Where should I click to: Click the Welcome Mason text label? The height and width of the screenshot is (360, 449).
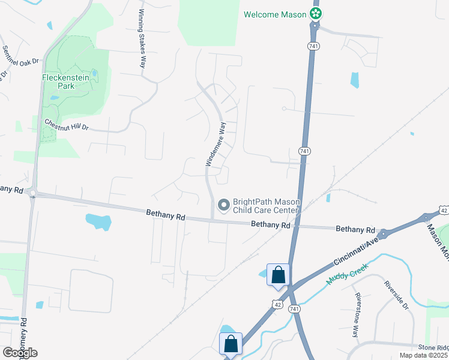[x=275, y=14]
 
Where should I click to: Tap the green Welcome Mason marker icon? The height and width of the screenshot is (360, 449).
[x=315, y=14]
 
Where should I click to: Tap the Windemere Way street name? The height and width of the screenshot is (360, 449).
[x=216, y=144]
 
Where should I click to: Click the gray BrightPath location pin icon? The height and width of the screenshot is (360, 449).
[x=224, y=206]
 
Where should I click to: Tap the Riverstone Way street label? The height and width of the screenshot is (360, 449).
[x=357, y=315]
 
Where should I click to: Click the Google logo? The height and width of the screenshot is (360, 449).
[x=20, y=352]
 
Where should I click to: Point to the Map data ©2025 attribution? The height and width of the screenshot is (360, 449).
[x=423, y=355]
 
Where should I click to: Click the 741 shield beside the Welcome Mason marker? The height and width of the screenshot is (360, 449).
[x=313, y=46]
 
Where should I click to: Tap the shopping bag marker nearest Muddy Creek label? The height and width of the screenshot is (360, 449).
[x=279, y=275]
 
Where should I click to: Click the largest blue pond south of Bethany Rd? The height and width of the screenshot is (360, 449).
[x=98, y=221]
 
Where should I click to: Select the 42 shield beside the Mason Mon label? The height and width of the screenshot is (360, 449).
[x=444, y=210]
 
